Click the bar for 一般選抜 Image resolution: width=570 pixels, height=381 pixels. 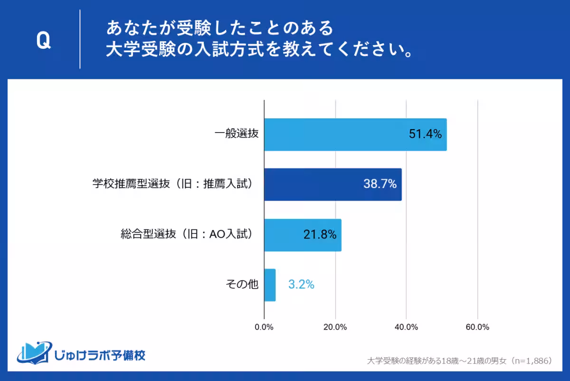click(x=355, y=134)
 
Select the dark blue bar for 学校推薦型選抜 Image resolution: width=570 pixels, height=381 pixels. click(x=332, y=184)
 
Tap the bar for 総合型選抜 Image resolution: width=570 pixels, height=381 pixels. click(x=303, y=235)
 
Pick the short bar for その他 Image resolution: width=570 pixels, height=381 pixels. click(x=270, y=285)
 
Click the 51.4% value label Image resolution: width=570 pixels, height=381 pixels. click(x=425, y=134)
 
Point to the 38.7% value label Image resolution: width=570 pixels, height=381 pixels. click(x=380, y=184)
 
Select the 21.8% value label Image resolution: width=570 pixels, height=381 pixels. click(x=320, y=235)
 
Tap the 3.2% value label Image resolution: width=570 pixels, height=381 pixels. click(x=301, y=285)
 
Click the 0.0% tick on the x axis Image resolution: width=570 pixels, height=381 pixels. click(x=264, y=327)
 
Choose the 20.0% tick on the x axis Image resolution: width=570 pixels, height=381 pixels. click(x=335, y=327)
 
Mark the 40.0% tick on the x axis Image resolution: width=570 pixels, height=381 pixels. click(x=407, y=327)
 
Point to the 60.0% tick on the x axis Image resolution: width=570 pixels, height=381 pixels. click(x=477, y=327)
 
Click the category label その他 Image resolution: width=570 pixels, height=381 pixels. click(x=242, y=285)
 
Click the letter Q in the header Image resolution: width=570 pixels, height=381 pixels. click(x=43, y=41)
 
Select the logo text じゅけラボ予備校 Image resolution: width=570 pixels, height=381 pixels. click(x=100, y=354)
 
